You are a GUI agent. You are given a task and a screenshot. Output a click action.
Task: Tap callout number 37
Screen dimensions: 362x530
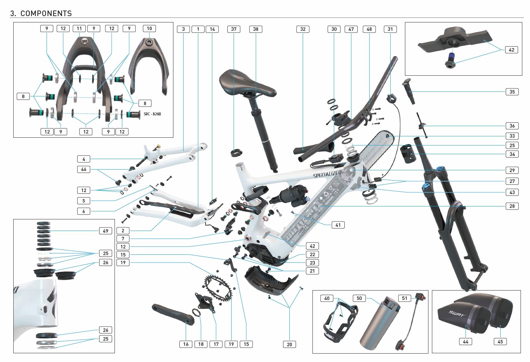click(x=234, y=29)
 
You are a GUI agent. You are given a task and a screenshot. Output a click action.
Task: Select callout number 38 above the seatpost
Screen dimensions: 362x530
click(x=256, y=29)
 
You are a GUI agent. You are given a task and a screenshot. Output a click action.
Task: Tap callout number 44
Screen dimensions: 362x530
click(x=466, y=342)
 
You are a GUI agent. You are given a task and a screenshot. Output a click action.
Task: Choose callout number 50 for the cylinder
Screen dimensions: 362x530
click(x=359, y=298)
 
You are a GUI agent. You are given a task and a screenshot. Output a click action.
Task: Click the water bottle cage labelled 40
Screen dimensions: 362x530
click(x=338, y=321)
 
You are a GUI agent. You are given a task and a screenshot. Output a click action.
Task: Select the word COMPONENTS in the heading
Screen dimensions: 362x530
click(x=46, y=14)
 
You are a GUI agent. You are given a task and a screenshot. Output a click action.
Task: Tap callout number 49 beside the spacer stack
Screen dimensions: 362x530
click(x=105, y=231)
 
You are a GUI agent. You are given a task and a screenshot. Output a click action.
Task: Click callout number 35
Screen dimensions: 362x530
click(x=512, y=92)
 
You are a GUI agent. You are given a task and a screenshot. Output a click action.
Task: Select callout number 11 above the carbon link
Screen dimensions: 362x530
click(x=79, y=28)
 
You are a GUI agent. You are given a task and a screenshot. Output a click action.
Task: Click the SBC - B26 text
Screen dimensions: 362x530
click(x=152, y=114)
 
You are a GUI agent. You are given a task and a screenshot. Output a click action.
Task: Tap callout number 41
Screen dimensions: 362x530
click(x=338, y=225)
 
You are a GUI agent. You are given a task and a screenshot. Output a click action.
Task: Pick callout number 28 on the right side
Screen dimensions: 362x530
click(x=512, y=206)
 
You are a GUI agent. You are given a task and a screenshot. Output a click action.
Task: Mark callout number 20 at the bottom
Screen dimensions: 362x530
click(x=289, y=344)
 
